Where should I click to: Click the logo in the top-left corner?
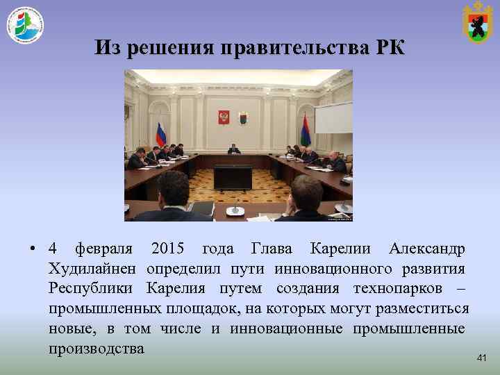(x=26, y=26)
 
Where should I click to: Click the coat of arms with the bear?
(x=477, y=23)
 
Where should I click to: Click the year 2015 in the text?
(x=167, y=249)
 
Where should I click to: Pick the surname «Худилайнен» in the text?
(x=94, y=269)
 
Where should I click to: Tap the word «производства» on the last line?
(x=97, y=349)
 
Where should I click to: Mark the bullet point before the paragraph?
(x=33, y=249)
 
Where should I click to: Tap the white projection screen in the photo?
(x=333, y=117)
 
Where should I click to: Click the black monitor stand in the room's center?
(x=233, y=178)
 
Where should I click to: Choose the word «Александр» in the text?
(x=427, y=249)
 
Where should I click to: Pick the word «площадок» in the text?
(x=199, y=308)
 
